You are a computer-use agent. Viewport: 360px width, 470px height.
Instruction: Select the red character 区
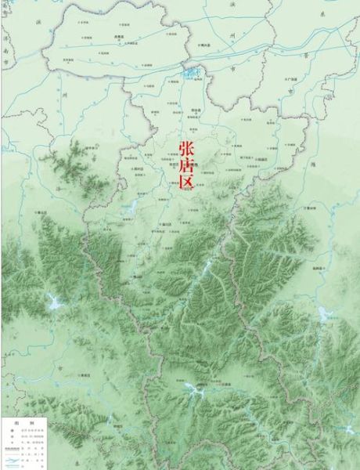(x=186, y=184)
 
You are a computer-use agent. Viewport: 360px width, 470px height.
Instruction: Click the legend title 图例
(x=16, y=421)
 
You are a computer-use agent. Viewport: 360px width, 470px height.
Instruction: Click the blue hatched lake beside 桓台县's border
(x=193, y=74)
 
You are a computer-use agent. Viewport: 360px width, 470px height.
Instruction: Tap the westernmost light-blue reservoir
(x=52, y=300)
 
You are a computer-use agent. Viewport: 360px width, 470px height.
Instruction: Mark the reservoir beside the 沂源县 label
(x=190, y=386)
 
